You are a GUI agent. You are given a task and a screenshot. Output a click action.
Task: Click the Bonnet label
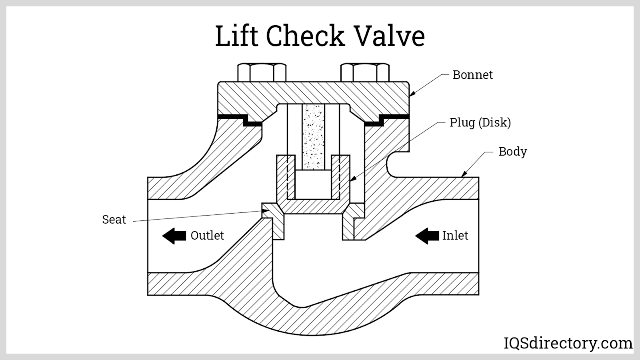click(472, 75)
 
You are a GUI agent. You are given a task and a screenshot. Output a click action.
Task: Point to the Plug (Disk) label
click(480, 122)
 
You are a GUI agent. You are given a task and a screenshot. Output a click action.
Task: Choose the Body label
click(512, 152)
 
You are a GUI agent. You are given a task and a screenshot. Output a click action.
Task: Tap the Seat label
click(114, 220)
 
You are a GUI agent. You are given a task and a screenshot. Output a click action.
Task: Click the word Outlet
click(207, 236)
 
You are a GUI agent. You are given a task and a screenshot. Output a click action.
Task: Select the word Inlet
click(455, 236)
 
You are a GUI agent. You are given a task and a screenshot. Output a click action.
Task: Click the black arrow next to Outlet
click(174, 236)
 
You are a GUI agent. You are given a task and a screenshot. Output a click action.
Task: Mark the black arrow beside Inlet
click(427, 236)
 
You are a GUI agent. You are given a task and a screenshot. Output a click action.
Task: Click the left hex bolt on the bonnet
click(262, 72)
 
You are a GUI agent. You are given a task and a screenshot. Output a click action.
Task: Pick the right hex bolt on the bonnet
click(365, 72)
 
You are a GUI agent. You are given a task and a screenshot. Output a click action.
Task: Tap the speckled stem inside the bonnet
click(313, 136)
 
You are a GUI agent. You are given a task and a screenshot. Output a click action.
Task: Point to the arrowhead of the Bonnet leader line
click(411, 95)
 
